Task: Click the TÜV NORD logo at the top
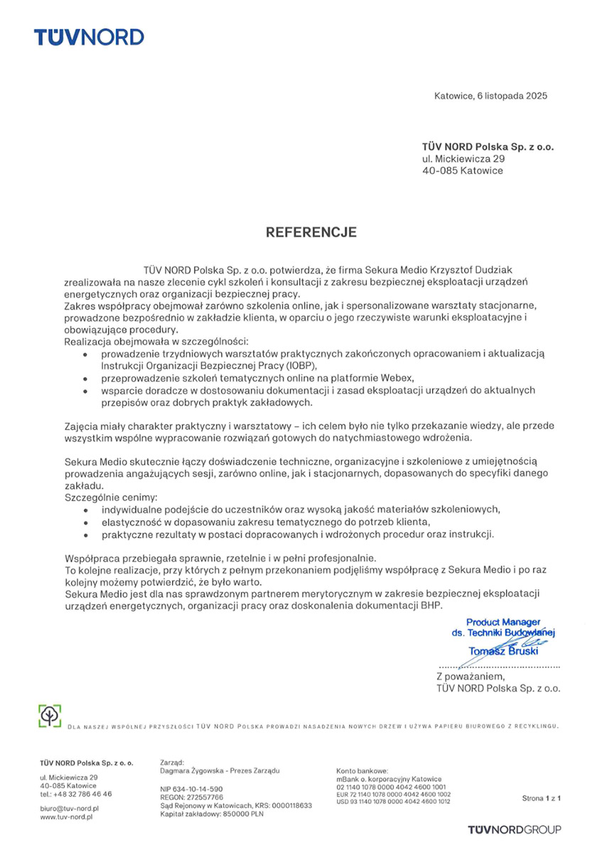[89, 37]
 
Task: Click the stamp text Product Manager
[503, 622]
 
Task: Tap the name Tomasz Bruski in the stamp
[502, 651]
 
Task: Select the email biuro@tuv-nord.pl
[70, 809]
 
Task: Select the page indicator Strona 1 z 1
[541, 799]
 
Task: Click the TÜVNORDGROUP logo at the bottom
[514, 830]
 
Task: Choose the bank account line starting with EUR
[393, 794]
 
